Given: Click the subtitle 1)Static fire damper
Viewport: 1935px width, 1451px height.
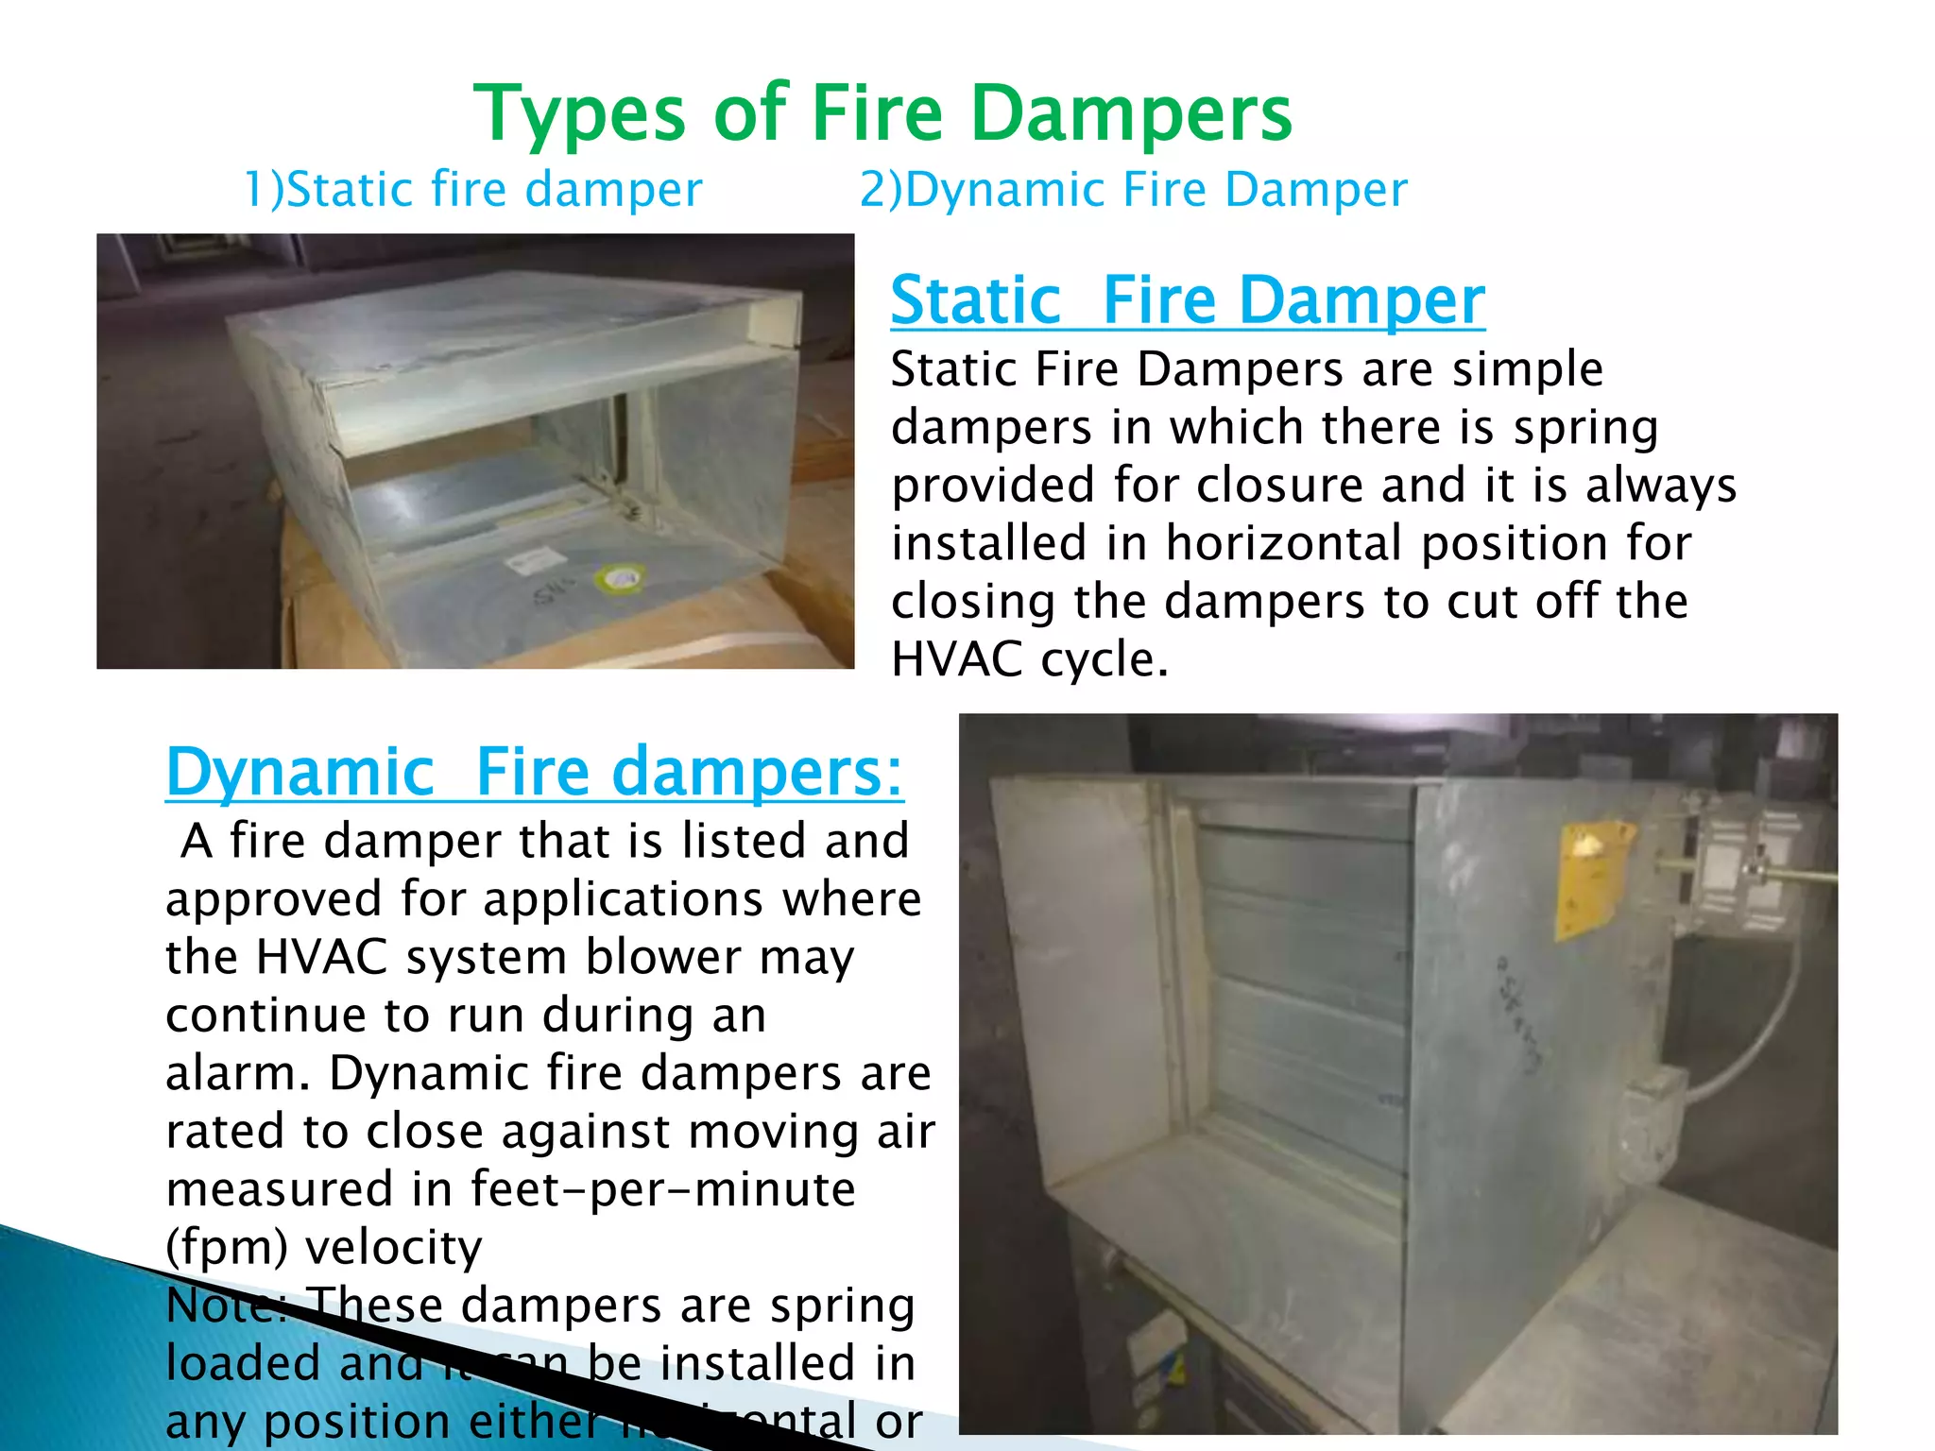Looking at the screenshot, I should (473, 189).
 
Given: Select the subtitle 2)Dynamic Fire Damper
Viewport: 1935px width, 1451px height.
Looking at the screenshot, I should (1133, 189).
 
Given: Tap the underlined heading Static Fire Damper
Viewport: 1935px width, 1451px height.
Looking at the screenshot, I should (1187, 300).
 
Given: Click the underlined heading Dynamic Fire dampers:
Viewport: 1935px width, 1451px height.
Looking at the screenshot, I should (534, 773).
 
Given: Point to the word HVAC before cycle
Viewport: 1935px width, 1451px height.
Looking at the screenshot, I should (956, 658).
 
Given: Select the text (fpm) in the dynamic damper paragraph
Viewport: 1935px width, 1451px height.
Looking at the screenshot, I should (226, 1247).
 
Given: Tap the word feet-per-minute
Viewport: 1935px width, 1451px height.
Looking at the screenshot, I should (662, 1188).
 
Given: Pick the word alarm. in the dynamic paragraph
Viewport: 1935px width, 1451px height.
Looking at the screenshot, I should (238, 1073).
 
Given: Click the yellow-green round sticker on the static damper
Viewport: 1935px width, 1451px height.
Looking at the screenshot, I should (620, 577).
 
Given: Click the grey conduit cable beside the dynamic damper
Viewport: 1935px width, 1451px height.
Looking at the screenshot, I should (1757, 1039).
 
